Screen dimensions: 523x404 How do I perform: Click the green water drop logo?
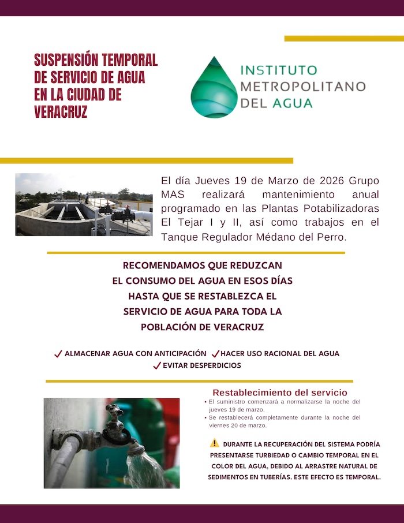214,88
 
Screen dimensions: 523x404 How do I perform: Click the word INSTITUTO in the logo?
278,70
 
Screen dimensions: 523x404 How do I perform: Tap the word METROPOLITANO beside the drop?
302,87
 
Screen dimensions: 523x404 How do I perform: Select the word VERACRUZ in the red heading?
61,112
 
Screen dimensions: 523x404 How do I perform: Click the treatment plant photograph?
84,204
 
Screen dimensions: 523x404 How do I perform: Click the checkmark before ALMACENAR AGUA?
58,354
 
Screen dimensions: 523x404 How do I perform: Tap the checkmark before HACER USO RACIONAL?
215,354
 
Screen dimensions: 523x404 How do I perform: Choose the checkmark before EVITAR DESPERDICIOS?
156,365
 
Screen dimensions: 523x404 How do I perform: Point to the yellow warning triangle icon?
214,443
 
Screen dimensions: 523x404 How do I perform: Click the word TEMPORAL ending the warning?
361,477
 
